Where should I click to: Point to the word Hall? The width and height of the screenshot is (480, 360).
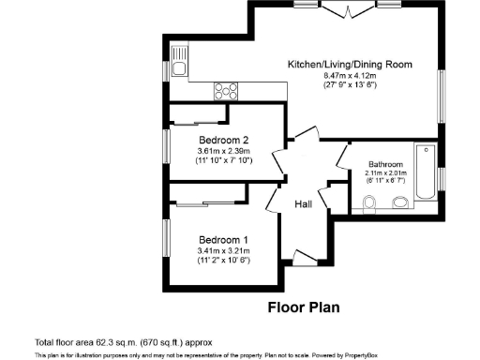304,205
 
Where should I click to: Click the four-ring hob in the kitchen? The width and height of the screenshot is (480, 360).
227,91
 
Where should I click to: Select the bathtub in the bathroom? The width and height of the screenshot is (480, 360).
425,172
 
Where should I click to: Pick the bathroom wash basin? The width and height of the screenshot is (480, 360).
400,203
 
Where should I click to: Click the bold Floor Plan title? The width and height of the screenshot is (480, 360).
304,307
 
